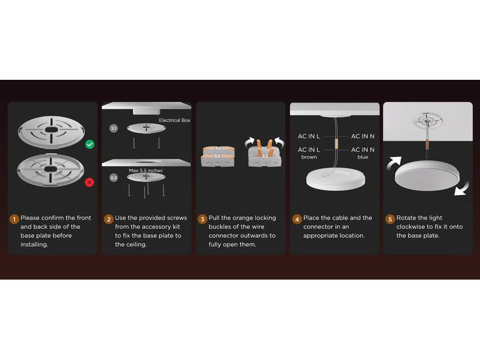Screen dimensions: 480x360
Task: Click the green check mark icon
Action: [x=89, y=144]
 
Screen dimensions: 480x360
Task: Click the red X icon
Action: [x=89, y=182]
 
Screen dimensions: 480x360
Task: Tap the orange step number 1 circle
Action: [x=14, y=219]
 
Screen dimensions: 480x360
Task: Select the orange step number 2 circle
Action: [x=109, y=219]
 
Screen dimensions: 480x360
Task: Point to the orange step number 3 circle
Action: [x=202, y=219]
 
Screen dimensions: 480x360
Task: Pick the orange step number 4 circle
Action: [x=297, y=219]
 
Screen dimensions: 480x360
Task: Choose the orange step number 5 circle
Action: [x=390, y=219]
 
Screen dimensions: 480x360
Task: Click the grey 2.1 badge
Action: [x=113, y=128]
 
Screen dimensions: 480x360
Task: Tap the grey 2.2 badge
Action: [x=113, y=178]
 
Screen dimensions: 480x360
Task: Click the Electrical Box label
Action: [x=175, y=121]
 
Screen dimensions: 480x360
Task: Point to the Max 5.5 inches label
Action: [x=146, y=170]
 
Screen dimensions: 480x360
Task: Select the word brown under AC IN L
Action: [x=309, y=157]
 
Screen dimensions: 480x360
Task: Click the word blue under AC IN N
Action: [x=363, y=157]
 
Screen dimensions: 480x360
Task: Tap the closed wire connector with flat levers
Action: [x=218, y=157]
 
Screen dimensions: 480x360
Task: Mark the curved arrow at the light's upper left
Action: [x=394, y=163]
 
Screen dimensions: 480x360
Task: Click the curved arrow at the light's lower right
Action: [x=461, y=188]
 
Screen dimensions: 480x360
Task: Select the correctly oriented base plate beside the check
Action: [x=51, y=132]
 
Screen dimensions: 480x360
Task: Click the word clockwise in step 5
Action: [x=412, y=227]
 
